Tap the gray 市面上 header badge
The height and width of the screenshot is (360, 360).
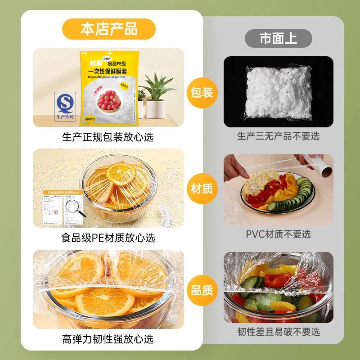pos(278,38)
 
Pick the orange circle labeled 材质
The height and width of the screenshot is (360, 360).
pos(202,188)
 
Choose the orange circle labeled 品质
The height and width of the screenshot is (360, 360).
pos(202,290)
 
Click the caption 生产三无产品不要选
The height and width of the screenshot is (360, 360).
pos(278,136)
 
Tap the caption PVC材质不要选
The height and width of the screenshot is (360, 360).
pos(278,234)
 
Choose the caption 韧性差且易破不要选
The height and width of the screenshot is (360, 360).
pos(278,332)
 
